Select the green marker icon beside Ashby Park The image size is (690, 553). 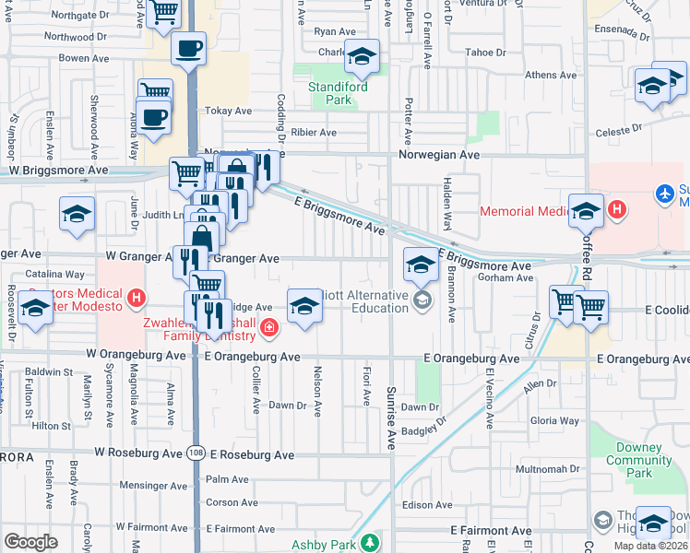point(370,543)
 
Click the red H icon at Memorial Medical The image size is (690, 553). point(616,209)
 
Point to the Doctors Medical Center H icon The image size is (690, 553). point(137,298)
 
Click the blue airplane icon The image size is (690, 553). point(663,194)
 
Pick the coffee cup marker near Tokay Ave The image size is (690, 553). point(154,118)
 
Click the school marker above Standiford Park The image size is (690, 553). point(362,57)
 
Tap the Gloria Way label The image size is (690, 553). point(555,420)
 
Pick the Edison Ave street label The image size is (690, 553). point(426,504)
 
